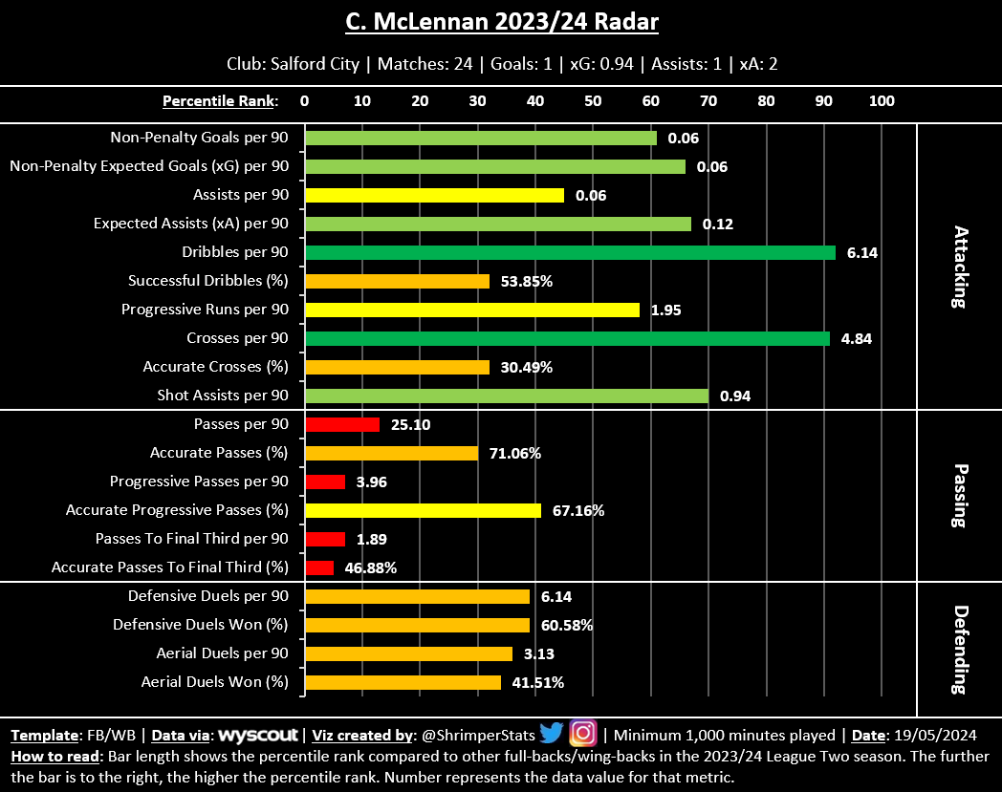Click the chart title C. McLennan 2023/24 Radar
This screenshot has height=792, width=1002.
pos(501,21)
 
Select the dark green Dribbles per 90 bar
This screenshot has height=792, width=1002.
pos(570,252)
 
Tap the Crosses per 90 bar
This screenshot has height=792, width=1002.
pos(567,338)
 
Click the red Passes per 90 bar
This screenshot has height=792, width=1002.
pos(341,424)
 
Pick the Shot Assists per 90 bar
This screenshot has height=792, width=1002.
pos(506,396)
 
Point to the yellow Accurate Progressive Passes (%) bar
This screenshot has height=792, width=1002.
pos(423,510)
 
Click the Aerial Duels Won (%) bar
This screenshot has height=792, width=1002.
pos(403,682)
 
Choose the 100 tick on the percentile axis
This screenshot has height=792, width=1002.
pos(881,100)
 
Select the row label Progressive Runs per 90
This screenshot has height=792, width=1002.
pos(205,310)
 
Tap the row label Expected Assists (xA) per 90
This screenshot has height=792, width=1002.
pos(191,224)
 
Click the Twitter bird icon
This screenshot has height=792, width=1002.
pos(551,734)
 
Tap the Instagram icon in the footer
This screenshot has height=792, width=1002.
pos(582,734)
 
